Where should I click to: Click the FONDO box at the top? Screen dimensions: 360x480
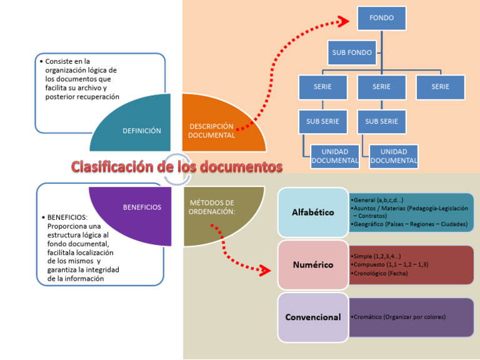[x=381, y=18]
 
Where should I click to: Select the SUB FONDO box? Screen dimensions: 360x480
[x=352, y=52]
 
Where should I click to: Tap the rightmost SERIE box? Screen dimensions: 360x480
[x=440, y=87]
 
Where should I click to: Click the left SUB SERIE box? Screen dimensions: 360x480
[x=322, y=121]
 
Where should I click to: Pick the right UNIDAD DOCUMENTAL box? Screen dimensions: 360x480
[x=394, y=156]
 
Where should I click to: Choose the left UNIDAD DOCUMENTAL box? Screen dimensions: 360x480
[x=335, y=156]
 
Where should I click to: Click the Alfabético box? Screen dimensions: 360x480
[x=313, y=212]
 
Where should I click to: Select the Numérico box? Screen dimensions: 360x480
[x=313, y=265]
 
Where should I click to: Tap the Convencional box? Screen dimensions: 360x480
[x=313, y=317]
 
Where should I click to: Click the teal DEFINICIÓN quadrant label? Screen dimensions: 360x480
[x=142, y=131]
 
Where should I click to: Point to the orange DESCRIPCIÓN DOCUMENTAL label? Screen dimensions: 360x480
[x=212, y=131]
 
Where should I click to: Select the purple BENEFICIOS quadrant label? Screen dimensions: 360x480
[x=142, y=207]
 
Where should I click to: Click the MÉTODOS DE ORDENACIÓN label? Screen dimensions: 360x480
[x=212, y=207]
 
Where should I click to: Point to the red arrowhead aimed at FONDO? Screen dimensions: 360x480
[x=342, y=22]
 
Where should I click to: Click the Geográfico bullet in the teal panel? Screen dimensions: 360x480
[x=410, y=224]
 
